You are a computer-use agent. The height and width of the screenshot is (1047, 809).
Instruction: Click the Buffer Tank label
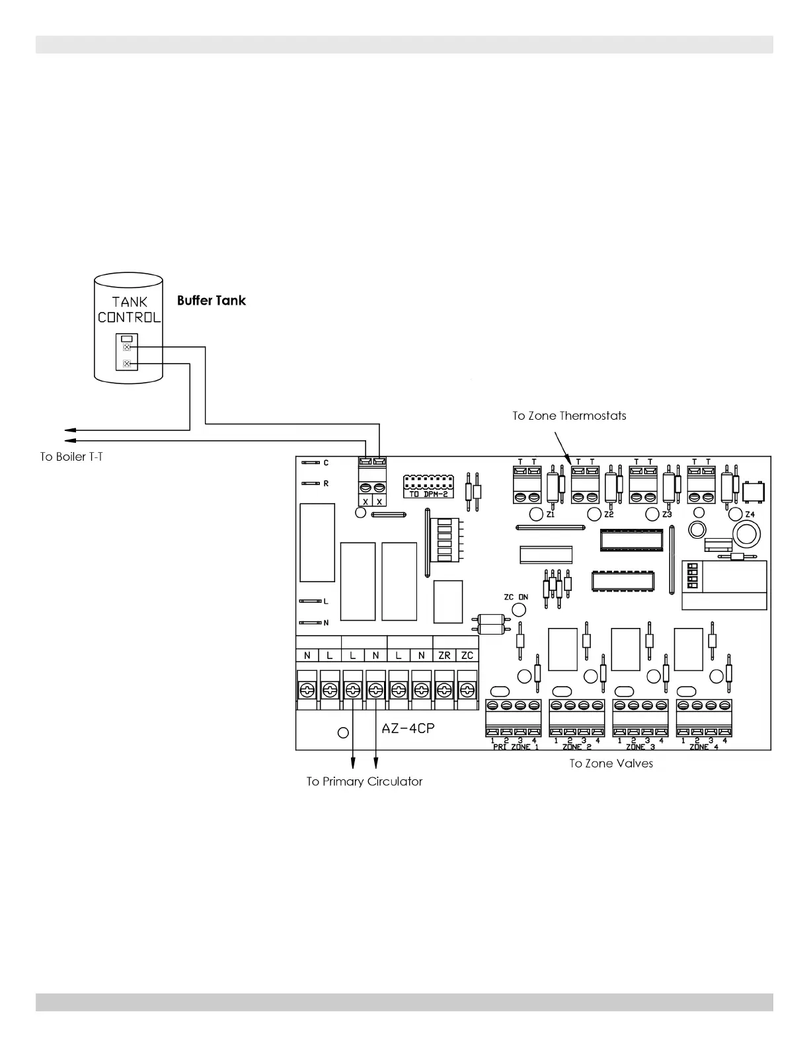point(211,301)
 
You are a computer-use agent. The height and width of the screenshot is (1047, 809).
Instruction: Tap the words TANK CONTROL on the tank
point(129,309)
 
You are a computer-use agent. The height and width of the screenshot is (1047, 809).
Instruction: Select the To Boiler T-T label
point(71,457)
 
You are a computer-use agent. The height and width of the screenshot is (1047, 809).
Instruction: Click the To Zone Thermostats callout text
point(569,416)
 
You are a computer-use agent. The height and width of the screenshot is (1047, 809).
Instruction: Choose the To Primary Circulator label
point(364,781)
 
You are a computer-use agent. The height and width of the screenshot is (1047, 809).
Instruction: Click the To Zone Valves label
point(611,763)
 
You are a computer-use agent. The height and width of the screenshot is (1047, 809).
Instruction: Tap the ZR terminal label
point(444,656)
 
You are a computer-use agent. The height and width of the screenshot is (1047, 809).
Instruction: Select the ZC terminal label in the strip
point(467,656)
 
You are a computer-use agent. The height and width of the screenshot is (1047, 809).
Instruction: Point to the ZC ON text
point(516,597)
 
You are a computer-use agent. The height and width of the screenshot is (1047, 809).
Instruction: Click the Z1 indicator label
point(551,514)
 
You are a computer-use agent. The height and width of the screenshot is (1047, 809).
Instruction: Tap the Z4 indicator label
point(750,514)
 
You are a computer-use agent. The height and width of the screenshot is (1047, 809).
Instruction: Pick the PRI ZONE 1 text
point(516,747)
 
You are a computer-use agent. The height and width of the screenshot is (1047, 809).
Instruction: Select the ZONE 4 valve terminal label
point(703,747)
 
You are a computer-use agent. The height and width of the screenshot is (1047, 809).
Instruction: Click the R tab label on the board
point(326,483)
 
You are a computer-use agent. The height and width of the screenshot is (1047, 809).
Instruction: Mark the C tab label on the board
point(326,463)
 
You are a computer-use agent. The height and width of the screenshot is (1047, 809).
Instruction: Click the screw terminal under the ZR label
point(444,691)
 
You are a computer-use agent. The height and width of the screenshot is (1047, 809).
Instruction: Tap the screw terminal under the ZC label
point(467,691)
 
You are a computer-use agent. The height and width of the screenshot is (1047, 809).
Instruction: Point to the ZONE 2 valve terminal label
point(576,747)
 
